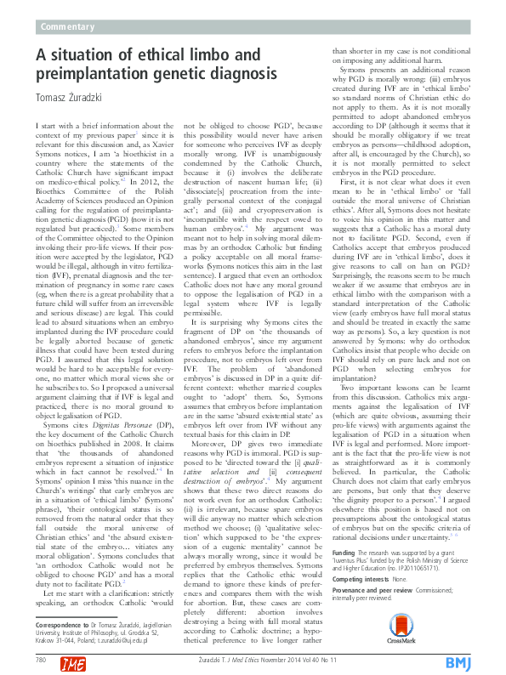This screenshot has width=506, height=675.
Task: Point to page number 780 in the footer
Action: pyautogui.click(x=41, y=659)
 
